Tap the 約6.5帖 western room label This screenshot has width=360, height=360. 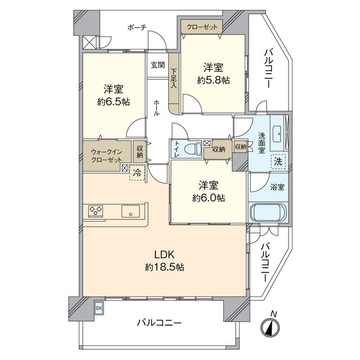point(113,96)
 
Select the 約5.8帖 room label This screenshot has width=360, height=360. point(213,74)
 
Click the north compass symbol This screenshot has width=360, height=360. point(273,327)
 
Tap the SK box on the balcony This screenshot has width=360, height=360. point(99,308)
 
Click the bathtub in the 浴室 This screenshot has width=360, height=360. point(268,213)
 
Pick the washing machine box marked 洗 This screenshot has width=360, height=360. point(278,161)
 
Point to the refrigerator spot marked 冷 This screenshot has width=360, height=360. point(137,173)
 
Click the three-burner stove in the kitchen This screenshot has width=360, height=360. point(96,211)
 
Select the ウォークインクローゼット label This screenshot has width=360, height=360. point(107,156)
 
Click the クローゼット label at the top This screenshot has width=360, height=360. point(201,26)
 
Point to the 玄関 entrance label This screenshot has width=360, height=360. point(157,65)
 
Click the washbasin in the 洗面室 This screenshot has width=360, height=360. point(278,134)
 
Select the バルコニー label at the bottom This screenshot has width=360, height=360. point(159,323)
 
